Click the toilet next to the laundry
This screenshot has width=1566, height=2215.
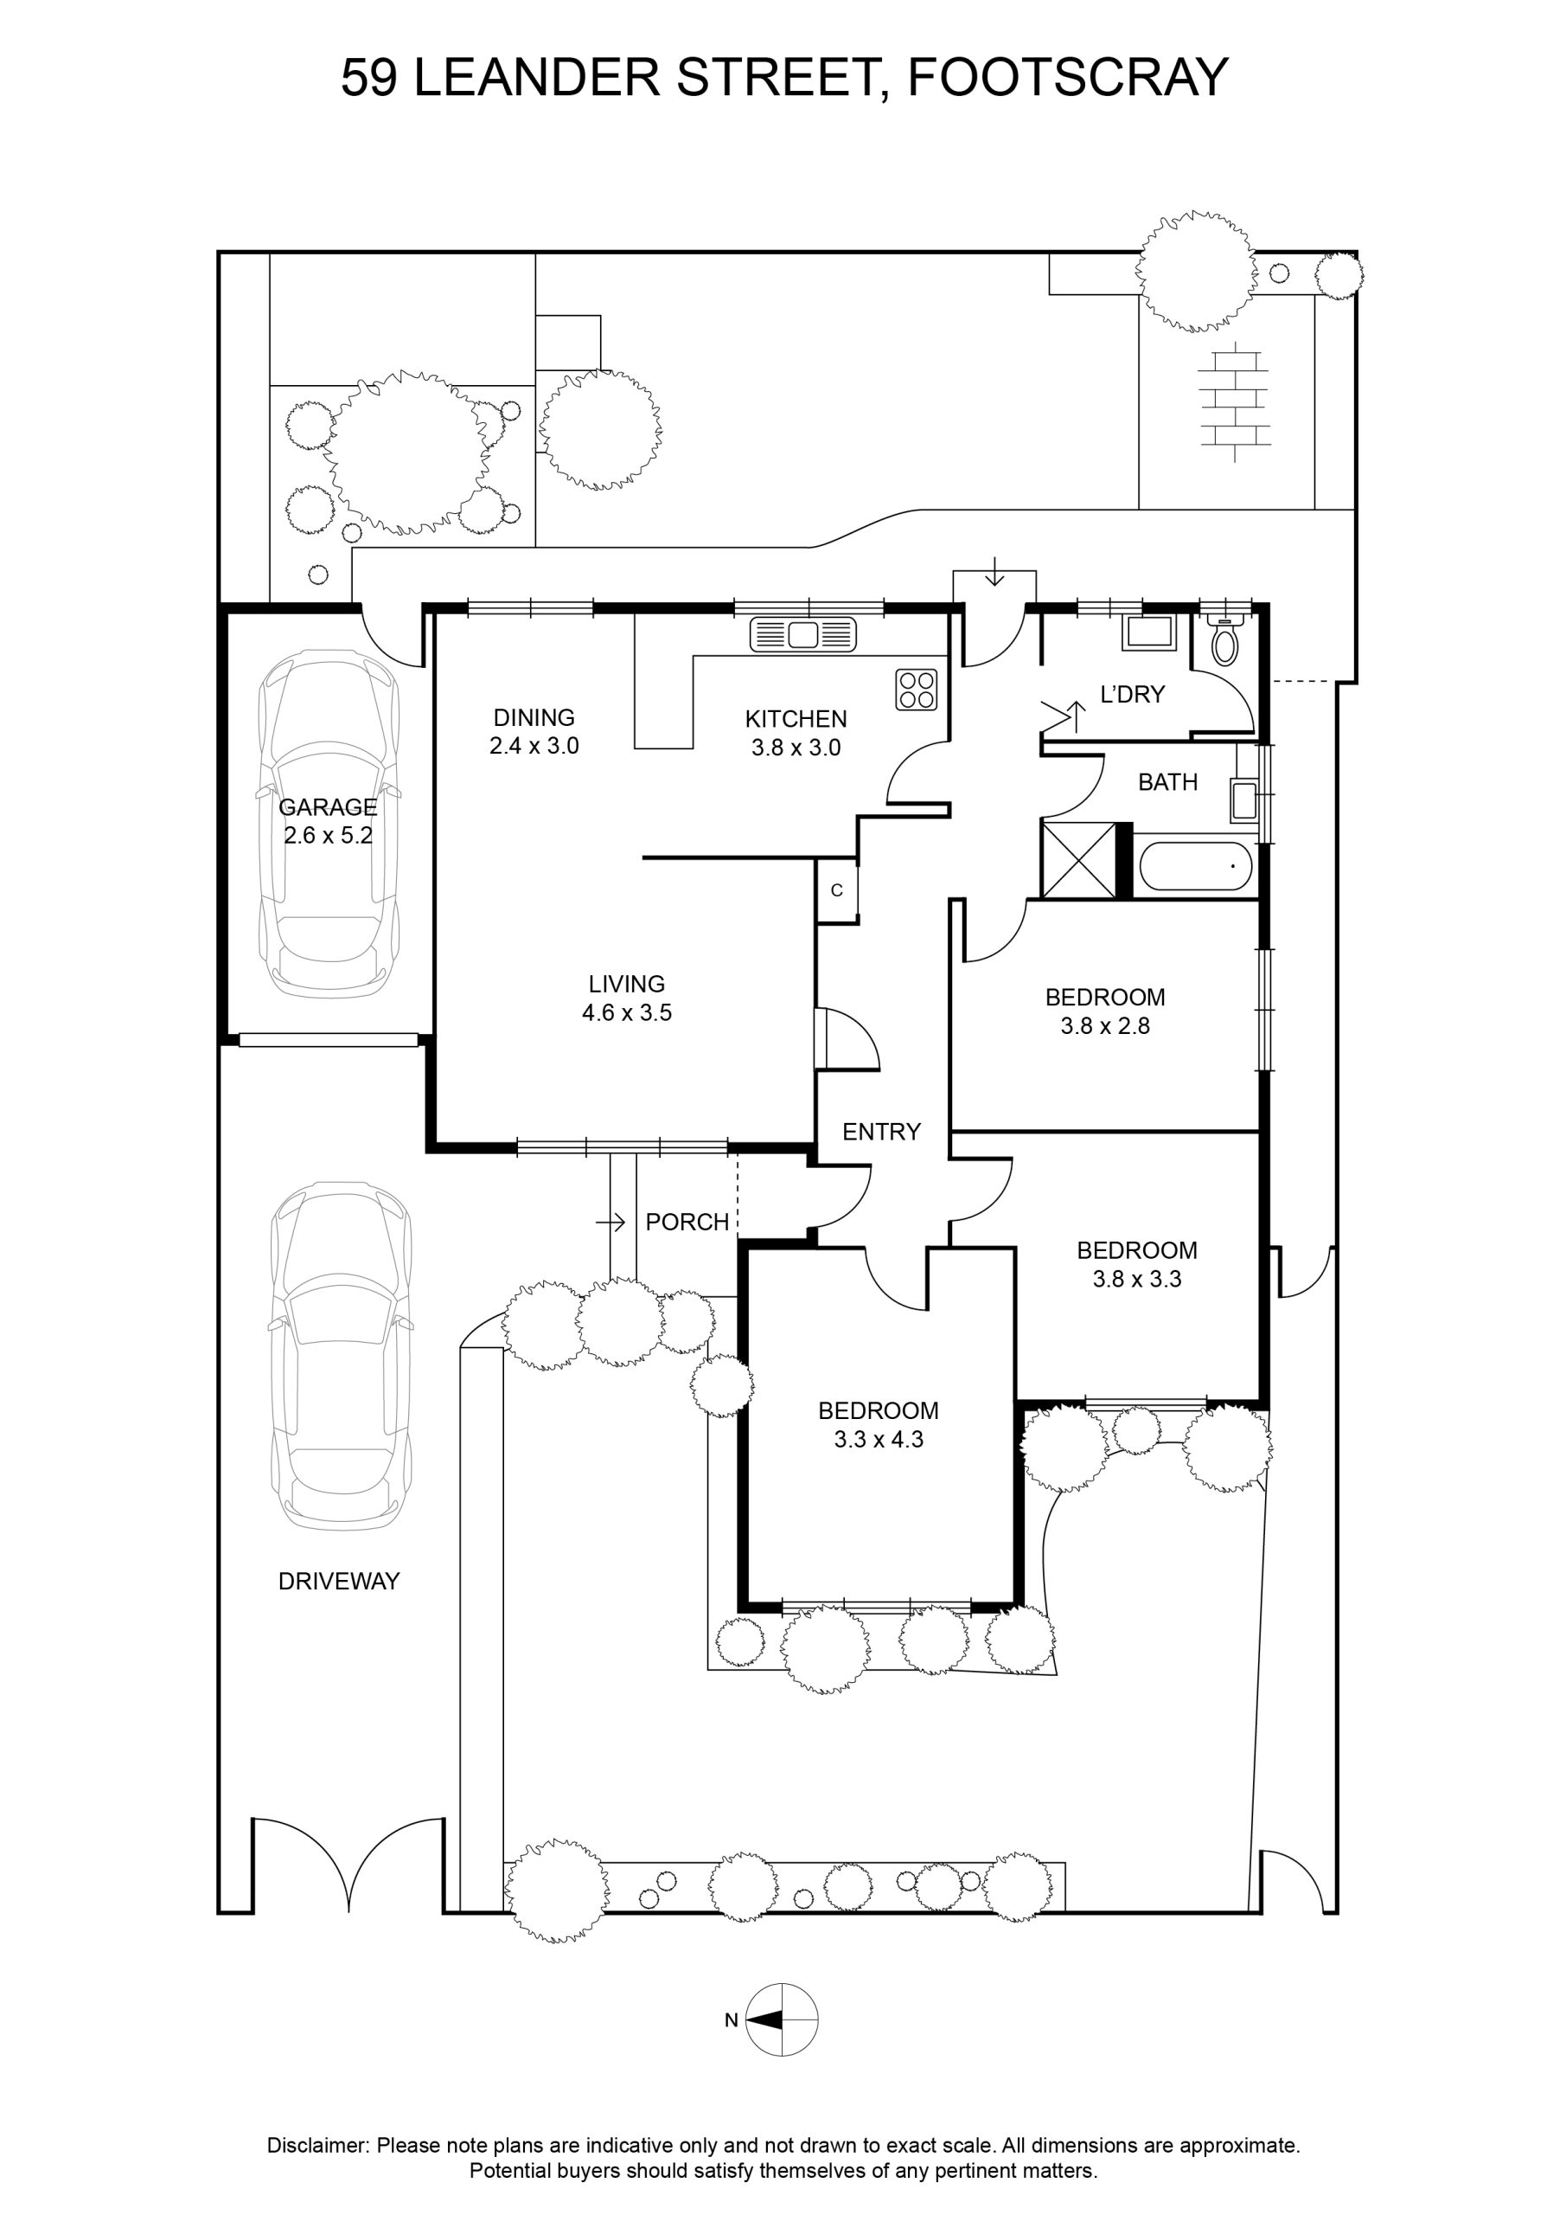click(x=1224, y=637)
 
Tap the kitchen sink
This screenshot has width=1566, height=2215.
click(x=803, y=634)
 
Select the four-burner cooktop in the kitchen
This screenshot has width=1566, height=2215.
click(x=916, y=689)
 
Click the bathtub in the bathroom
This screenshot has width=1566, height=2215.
click(x=1196, y=867)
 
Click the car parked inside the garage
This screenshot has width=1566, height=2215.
click(x=328, y=825)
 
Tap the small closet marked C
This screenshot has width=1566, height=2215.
click(x=837, y=890)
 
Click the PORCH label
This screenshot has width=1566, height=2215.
click(x=687, y=1223)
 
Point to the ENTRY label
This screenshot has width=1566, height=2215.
click(x=881, y=1132)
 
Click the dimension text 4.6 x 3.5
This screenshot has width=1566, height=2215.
click(x=627, y=1013)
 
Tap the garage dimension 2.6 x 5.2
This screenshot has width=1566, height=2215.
click(x=328, y=836)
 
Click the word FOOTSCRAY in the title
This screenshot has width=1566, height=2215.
click(x=1069, y=77)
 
